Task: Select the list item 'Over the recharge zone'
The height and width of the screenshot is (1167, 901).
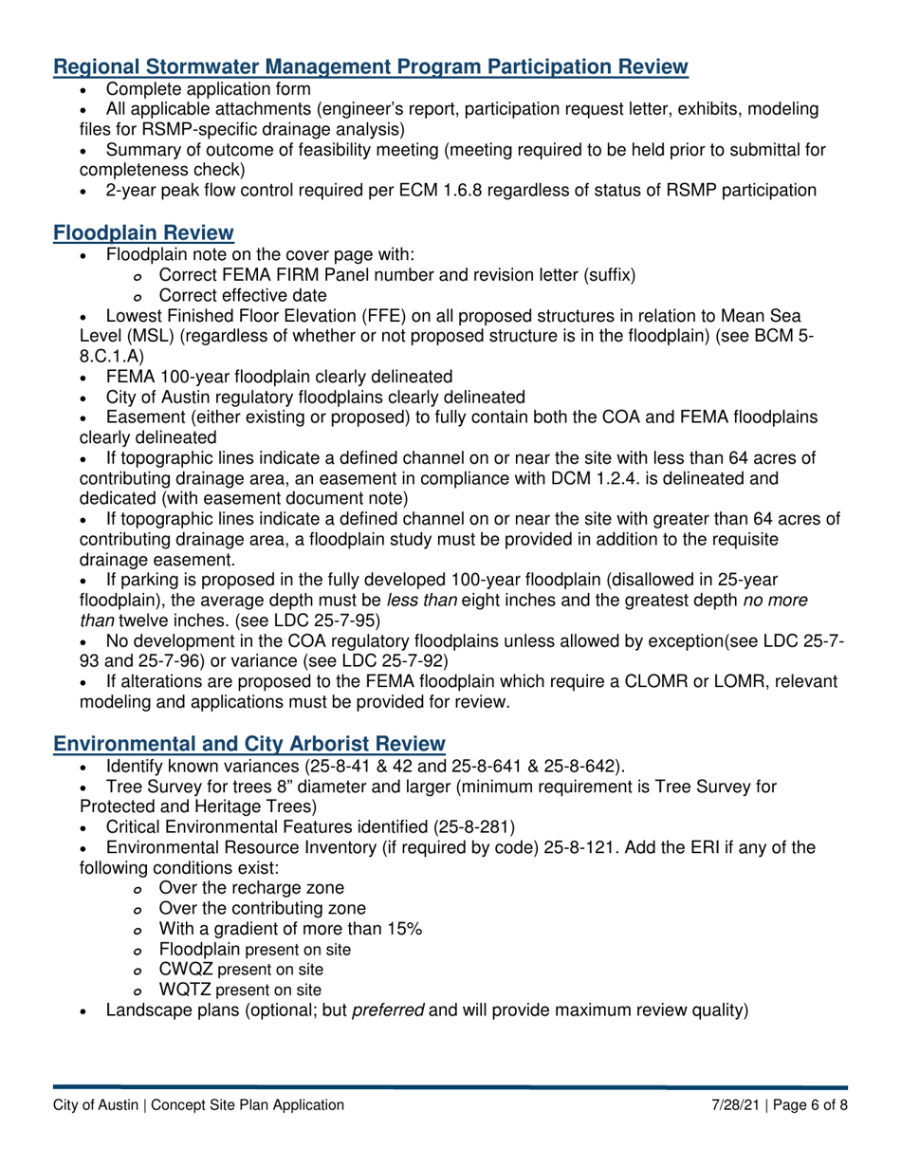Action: [x=251, y=888]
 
